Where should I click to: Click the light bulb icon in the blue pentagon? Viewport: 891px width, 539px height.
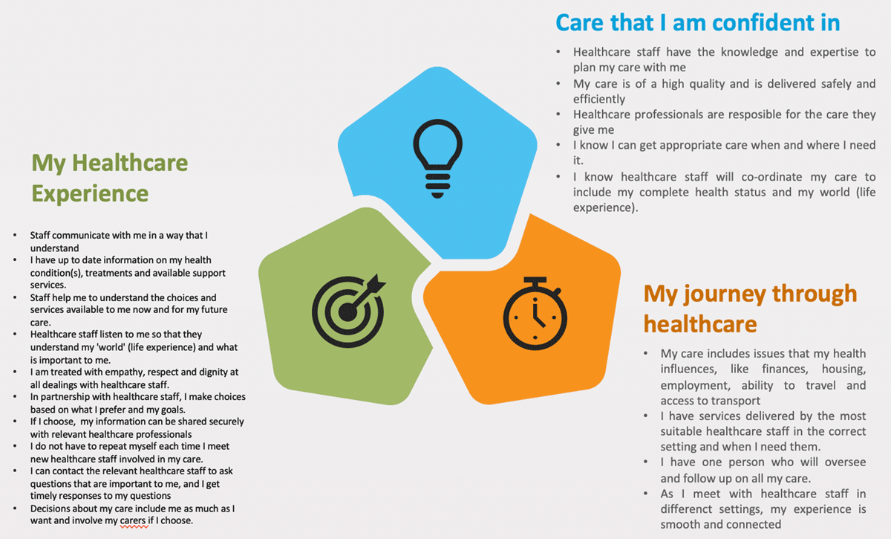pos(437,158)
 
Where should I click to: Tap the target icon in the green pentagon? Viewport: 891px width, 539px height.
pos(349,310)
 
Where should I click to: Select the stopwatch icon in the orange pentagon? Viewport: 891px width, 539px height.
pos(535,314)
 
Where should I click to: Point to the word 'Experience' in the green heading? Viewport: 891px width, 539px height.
pos(90,194)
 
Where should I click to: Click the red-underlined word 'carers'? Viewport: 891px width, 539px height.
pos(134,520)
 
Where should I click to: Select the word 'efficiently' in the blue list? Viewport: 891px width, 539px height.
pos(599,99)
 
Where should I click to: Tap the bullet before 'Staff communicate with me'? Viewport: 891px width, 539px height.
pos(15,236)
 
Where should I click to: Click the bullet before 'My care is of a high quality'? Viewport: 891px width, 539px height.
pos(558,84)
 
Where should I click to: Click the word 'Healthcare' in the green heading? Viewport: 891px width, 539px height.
pos(130,163)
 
